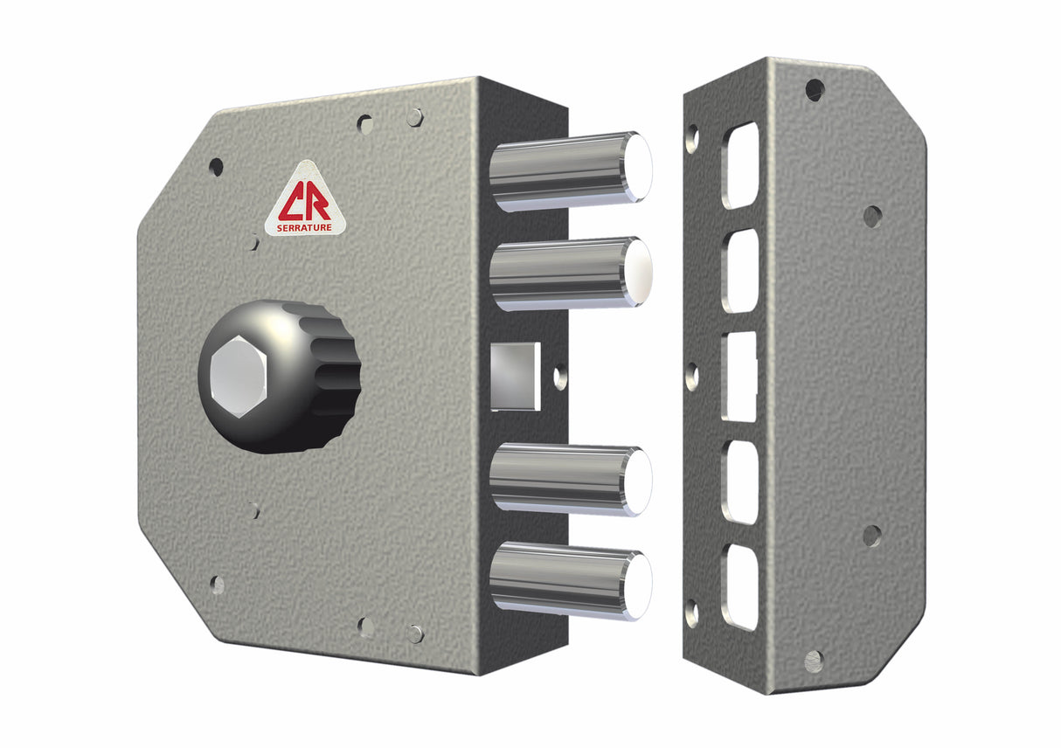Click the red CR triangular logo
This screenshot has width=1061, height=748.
point(306,199)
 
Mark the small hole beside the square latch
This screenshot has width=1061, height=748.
point(560,377)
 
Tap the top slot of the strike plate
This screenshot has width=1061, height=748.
point(740,164)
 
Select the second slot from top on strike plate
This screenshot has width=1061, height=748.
point(740,270)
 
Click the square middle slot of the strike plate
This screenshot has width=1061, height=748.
point(740,376)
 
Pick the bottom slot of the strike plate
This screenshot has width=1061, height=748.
point(740,587)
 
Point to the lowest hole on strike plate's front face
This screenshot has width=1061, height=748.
point(814,660)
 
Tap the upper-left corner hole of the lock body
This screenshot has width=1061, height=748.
point(216,167)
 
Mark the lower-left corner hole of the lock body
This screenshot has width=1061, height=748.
point(217,584)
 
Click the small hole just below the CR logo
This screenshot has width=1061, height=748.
point(253,242)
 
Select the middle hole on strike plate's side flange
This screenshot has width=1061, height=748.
point(692,377)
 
